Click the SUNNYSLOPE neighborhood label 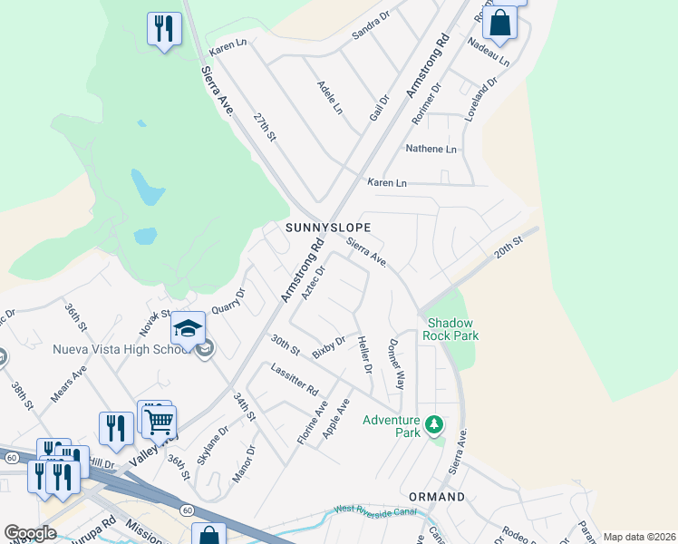(328, 226)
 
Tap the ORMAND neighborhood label (436, 497)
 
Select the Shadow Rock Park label (452, 329)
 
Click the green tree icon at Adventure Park (435, 424)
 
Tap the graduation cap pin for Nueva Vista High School (188, 328)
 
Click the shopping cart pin (160, 420)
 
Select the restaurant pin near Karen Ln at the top (164, 29)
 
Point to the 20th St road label (509, 248)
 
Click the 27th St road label (264, 127)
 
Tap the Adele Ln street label (330, 97)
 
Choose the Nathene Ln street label (431, 149)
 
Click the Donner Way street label (396, 364)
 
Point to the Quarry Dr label (228, 301)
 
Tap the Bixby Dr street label (328, 347)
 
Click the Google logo (30, 533)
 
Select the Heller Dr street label (364, 355)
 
